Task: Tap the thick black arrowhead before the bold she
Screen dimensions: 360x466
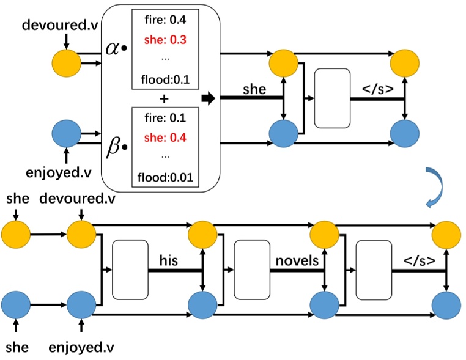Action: coord(209,98)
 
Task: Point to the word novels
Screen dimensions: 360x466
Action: coord(297,261)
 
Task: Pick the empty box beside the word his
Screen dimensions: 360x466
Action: coord(130,269)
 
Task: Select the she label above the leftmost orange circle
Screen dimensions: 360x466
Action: coord(16,199)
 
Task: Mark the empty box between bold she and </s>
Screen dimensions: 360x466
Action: coord(331,98)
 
